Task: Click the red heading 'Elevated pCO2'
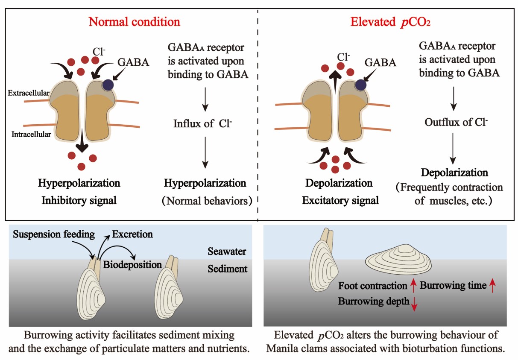(x=390, y=22)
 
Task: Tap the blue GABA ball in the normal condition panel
(x=107, y=85)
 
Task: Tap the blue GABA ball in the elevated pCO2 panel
(x=361, y=85)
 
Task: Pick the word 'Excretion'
(x=132, y=234)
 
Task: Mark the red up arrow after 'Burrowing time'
(x=492, y=285)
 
